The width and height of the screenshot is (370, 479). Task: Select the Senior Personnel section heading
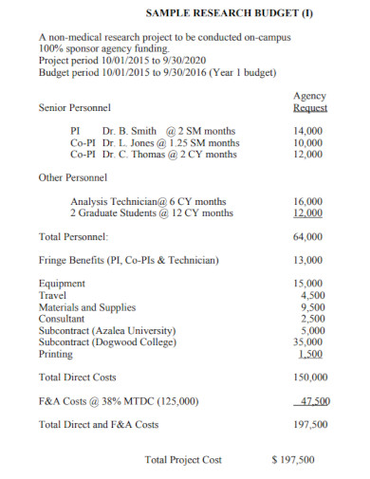74,109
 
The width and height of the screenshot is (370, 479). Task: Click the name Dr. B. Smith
130,130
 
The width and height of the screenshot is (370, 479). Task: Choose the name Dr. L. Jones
130,142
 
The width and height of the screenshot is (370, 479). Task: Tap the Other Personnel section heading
72,177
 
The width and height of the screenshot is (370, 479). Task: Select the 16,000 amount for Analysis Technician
309,201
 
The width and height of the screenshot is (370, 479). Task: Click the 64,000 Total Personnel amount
309,236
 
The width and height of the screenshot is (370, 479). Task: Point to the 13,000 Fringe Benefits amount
309,260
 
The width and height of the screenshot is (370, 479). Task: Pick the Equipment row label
62,284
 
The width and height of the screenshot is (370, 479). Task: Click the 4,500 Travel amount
312,295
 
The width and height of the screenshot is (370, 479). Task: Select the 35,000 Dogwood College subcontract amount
309,342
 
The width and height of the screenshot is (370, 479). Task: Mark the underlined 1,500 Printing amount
312,354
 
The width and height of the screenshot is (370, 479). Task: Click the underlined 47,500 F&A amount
311,401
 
